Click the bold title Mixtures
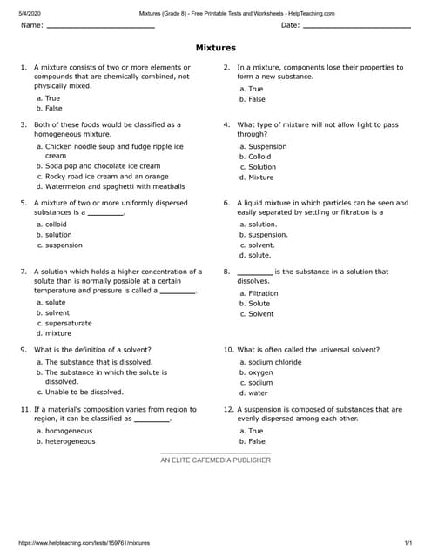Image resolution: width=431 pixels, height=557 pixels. pos(215,48)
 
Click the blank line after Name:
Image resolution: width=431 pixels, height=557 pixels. pos(100,27)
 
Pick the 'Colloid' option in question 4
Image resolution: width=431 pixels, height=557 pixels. pos(259,157)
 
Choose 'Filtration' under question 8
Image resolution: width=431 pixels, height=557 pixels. pos(263,293)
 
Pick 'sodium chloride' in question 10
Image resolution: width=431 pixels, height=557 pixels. pos(275,362)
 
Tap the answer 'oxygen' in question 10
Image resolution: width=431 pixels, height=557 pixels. pos(260,372)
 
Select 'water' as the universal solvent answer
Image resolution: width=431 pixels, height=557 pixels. pos(258,393)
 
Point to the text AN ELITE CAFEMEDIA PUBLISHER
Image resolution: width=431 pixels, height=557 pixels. pos(215,460)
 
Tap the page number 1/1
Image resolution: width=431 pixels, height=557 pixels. pos(409,541)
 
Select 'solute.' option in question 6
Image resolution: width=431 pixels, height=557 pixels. pos(259,255)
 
